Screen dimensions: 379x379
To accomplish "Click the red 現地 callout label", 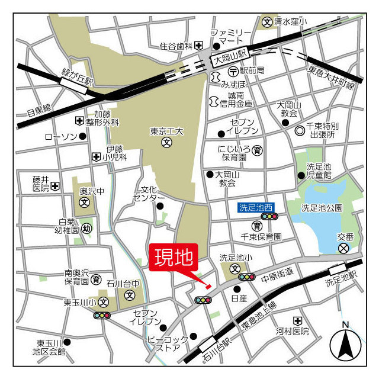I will coord(174,258).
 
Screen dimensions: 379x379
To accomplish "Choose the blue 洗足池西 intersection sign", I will coord(256,207).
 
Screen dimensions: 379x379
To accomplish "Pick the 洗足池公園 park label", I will coord(322,207).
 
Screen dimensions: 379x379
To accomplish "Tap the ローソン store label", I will coord(61,137).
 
